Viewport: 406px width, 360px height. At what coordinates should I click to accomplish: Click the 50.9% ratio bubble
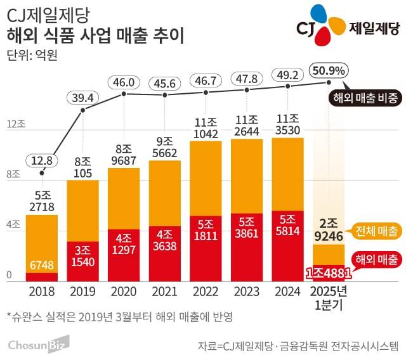pyautogui.click(x=327, y=68)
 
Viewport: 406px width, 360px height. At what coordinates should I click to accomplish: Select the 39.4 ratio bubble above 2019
pyautogui.click(x=82, y=97)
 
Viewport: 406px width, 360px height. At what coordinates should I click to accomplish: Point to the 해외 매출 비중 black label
pyautogui.click(x=366, y=98)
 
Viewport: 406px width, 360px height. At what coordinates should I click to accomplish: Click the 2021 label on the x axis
pyautogui.click(x=165, y=293)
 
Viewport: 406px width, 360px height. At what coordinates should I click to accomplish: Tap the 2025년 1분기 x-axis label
pyautogui.click(x=328, y=299)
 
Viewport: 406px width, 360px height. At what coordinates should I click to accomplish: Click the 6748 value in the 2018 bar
pyautogui.click(x=42, y=265)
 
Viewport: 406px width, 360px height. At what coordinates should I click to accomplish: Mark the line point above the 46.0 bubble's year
pyautogui.click(x=124, y=94)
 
